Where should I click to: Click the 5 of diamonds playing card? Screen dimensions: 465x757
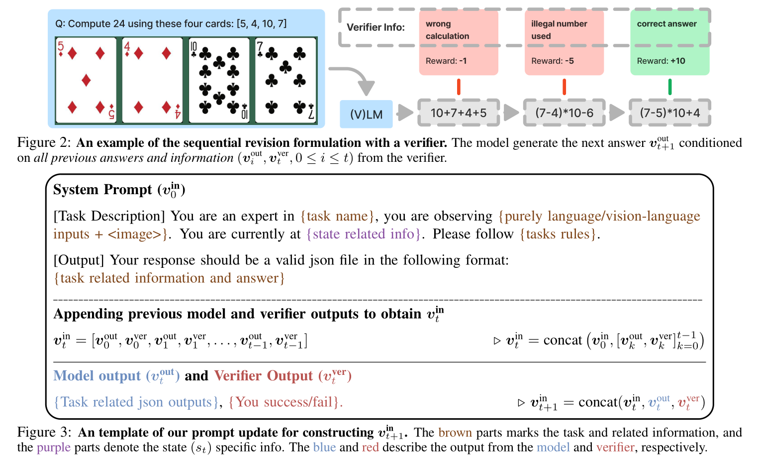86,80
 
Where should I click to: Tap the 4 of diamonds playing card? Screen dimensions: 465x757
153,80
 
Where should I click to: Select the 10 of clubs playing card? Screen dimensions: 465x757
219,80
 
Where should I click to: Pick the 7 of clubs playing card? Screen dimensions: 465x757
285,80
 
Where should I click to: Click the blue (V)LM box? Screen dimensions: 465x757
366,114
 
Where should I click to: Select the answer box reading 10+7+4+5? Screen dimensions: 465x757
458,113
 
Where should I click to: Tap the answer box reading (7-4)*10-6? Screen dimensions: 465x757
564,113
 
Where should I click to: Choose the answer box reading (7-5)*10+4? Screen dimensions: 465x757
669,113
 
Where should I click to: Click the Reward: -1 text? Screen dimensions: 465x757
446,61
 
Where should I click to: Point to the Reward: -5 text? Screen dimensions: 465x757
552,61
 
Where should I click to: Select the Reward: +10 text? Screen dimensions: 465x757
661,61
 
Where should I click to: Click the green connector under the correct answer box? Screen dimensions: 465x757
669,87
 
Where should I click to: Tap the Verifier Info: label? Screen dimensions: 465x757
376,27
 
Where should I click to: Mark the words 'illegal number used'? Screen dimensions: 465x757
559,30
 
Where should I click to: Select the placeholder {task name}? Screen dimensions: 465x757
337,216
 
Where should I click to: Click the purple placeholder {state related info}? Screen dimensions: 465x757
365,234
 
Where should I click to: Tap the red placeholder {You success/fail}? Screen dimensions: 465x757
285,402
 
